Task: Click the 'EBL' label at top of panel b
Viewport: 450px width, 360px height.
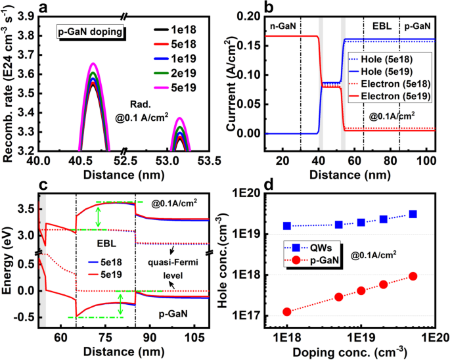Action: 382,24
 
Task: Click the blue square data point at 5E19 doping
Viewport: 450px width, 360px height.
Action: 413,214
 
